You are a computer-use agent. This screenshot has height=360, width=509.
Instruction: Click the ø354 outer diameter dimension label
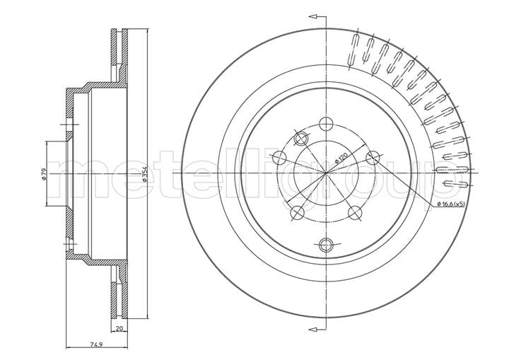pyautogui.click(x=145, y=174)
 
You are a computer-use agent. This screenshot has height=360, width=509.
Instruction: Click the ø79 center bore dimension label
pyautogui.click(x=44, y=174)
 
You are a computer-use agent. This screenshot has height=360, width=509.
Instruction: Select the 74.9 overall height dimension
pyautogui.click(x=96, y=344)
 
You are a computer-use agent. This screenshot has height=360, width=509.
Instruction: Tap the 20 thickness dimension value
pyautogui.click(x=119, y=328)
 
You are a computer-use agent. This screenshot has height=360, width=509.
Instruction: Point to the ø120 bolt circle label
pyautogui.click(x=341, y=158)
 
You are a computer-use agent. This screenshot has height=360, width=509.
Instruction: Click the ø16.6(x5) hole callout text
pyautogui.click(x=451, y=204)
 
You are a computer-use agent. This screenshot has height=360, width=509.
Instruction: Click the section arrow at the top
pyautogui.click(x=317, y=16)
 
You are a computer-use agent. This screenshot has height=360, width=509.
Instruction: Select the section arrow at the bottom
pyautogui.click(x=317, y=330)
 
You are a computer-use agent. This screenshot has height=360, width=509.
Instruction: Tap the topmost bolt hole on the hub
pyautogui.click(x=326, y=124)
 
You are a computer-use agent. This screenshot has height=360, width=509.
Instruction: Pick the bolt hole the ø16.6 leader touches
pyautogui.click(x=373, y=158)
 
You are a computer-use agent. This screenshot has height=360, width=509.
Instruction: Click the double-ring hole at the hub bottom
pyautogui.click(x=326, y=245)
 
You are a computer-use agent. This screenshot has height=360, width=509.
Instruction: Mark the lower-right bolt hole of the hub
pyautogui.click(x=355, y=212)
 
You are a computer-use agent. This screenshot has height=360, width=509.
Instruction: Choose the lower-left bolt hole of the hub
pyautogui.click(x=297, y=213)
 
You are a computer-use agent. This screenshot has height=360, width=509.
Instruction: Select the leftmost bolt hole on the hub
pyautogui.click(x=279, y=158)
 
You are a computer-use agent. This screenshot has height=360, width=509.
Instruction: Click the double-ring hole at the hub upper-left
pyautogui.click(x=301, y=139)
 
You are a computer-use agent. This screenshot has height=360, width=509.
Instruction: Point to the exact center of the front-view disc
pyautogui.click(x=326, y=173)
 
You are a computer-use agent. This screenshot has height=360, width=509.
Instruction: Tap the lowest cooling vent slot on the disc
pyautogui.click(x=455, y=184)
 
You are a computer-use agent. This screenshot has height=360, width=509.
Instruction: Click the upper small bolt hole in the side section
pyautogui.click(x=69, y=124)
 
